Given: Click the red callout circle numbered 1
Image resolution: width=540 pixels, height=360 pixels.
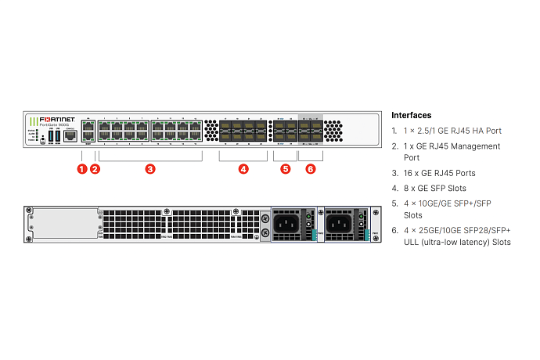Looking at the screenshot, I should tap(82, 169).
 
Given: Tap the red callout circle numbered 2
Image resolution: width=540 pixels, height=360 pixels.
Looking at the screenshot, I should tap(95, 169).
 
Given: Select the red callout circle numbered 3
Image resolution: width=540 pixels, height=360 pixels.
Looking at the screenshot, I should tap(150, 169).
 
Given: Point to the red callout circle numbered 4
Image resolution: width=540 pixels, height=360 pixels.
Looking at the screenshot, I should tap(243, 169).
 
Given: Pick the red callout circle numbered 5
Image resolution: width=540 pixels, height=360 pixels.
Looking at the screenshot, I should tap(285, 169).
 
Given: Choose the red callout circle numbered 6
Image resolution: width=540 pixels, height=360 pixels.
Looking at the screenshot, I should tap(311, 169).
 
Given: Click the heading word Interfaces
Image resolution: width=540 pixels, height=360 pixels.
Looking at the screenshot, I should tap(411, 115).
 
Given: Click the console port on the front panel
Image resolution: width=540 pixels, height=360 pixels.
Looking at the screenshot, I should tap(69, 135).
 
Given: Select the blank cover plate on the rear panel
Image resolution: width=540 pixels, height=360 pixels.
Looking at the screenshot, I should tap(57, 223).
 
